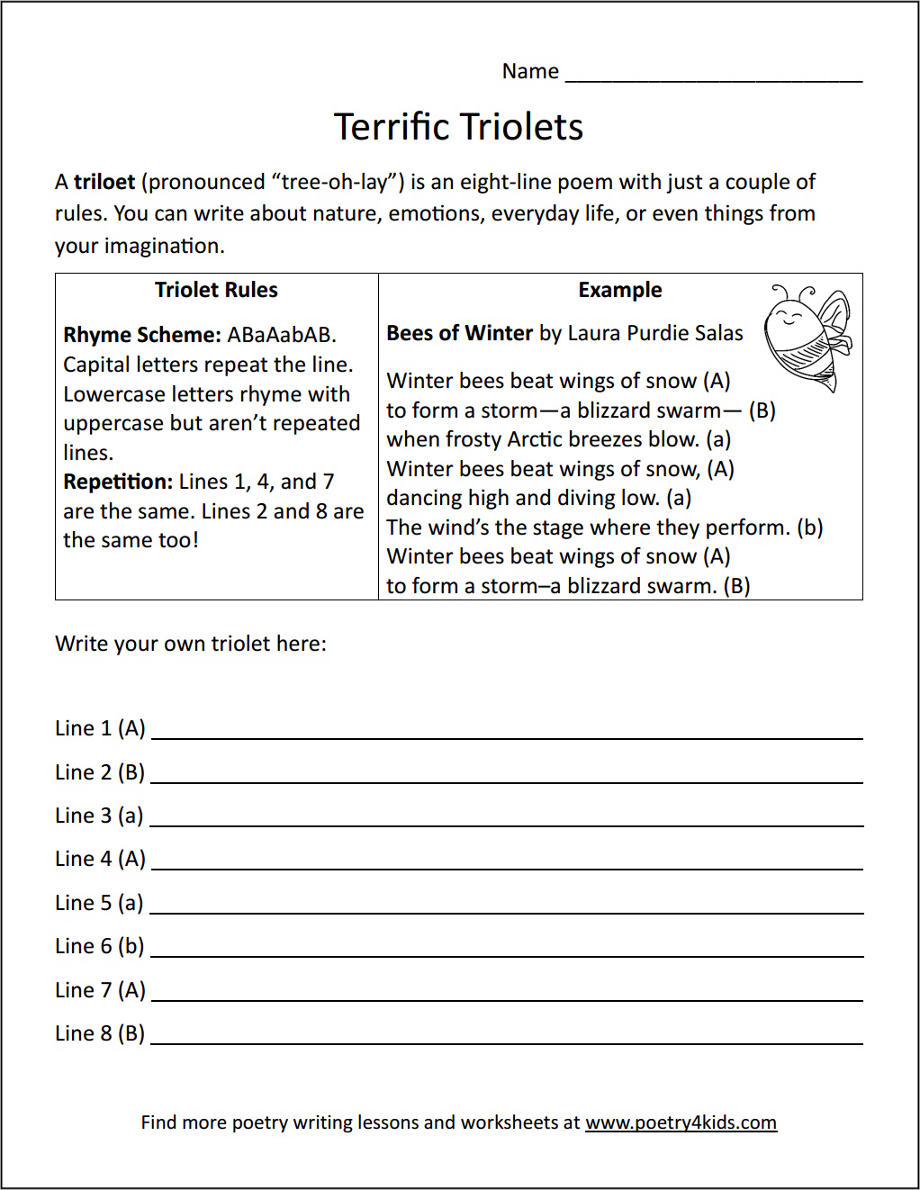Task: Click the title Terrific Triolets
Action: coord(458,127)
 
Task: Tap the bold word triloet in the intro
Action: coord(104,182)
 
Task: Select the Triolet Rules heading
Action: coord(216,290)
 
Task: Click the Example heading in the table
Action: coord(619,290)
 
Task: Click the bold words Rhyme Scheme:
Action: coord(141,335)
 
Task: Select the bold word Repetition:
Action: coord(117,482)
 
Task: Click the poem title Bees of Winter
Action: coord(459,333)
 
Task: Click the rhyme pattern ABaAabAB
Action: coord(281,335)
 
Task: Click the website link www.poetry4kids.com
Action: coord(681,1122)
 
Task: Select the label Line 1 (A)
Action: coord(100,728)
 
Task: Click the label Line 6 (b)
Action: coord(99,946)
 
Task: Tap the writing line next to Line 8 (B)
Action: coord(506,1041)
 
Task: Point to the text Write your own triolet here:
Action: coord(191,644)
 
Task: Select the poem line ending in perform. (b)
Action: coord(604,527)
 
